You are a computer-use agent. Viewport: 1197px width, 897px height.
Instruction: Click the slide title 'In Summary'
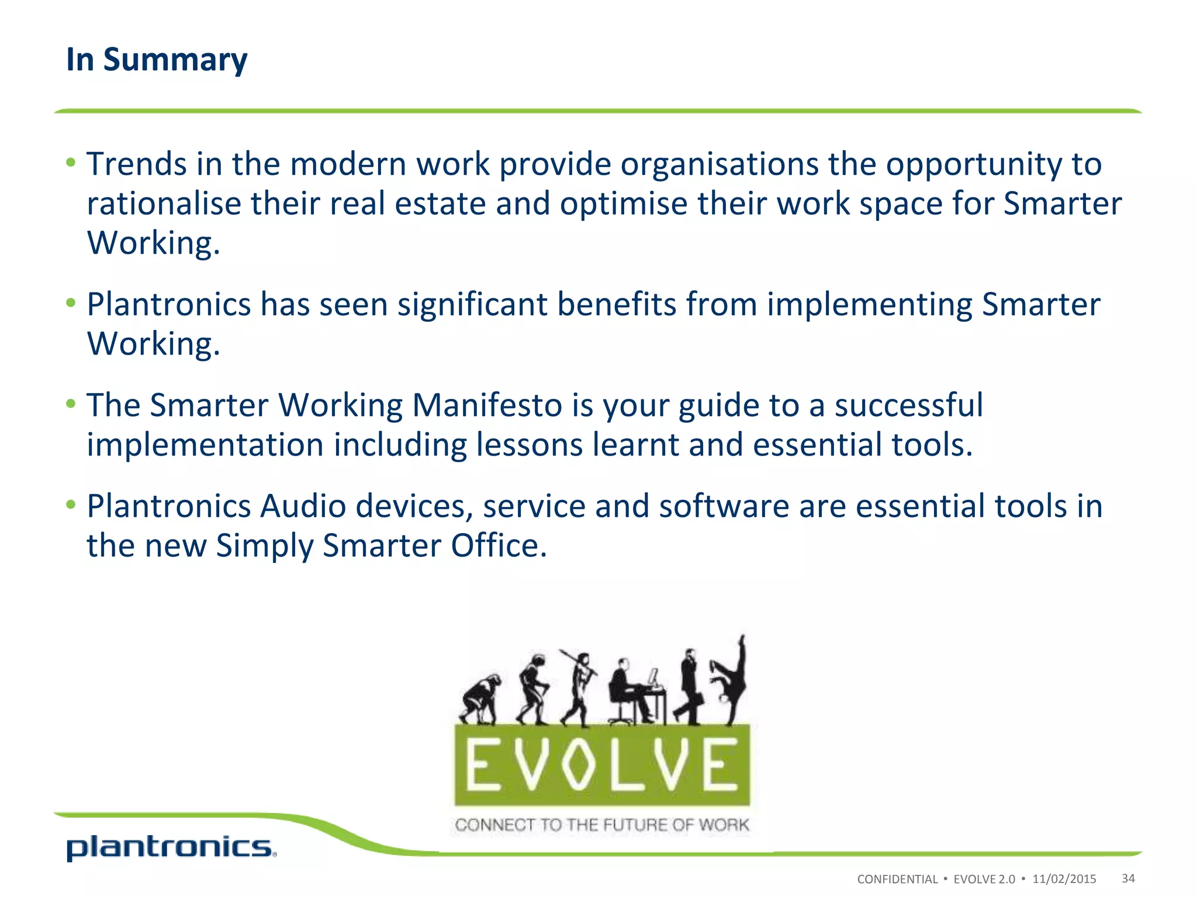157,60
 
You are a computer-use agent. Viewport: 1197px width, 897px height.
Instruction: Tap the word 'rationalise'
164,203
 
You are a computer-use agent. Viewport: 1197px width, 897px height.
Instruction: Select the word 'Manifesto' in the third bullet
487,405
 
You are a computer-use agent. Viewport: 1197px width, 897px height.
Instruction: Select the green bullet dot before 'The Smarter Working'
71,404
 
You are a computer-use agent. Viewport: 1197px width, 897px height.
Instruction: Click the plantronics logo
171,848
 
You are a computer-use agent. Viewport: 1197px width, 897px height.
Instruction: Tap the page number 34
1128,878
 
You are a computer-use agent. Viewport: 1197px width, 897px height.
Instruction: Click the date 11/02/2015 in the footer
1064,879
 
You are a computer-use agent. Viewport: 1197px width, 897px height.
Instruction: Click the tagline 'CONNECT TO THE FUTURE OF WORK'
601,825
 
